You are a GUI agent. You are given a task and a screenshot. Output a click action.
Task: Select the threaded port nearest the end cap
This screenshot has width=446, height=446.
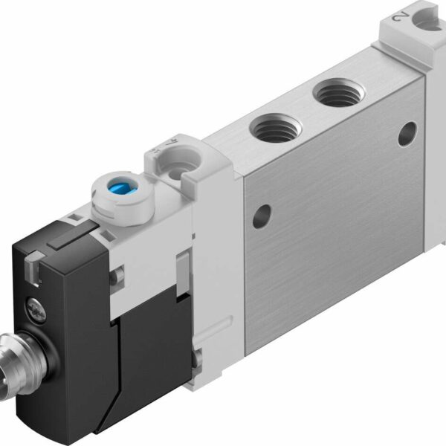(335, 95)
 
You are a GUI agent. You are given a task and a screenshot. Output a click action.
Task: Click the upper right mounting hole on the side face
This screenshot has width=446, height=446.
(407, 135)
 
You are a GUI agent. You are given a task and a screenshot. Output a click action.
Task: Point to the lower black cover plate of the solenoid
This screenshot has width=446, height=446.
(149, 349)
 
